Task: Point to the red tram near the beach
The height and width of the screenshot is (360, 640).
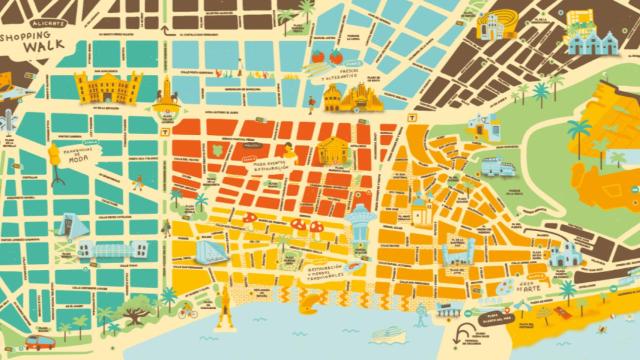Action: point(39,342)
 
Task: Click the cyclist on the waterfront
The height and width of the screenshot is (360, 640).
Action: point(186,312)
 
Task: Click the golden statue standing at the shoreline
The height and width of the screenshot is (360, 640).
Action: point(224,300)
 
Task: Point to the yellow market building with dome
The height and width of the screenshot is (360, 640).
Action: point(334,150)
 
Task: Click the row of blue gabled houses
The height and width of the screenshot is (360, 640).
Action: point(594,39)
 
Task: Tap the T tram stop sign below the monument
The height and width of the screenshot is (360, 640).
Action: point(165,130)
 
